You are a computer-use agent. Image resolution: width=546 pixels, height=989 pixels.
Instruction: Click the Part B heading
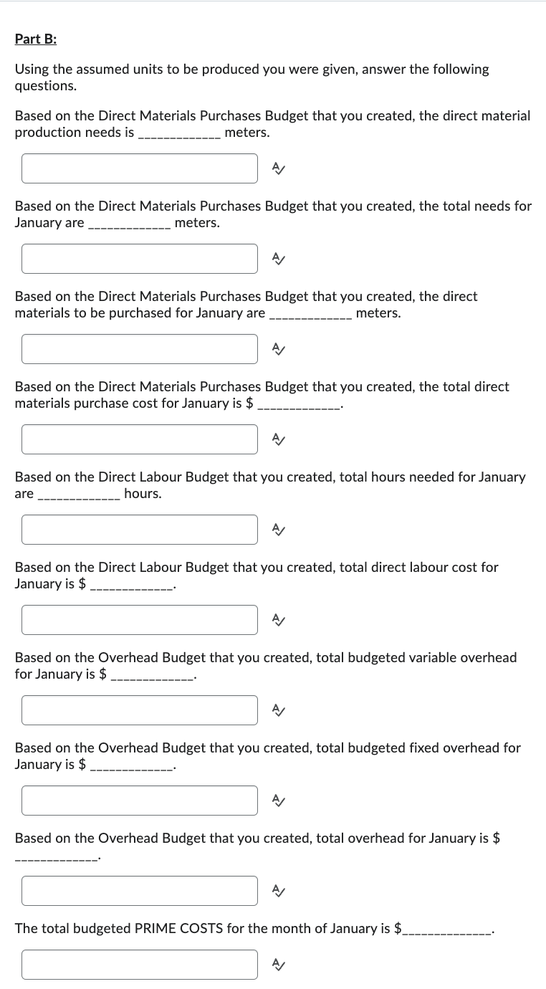click(x=36, y=39)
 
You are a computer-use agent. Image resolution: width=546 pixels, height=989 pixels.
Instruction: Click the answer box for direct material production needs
click(x=139, y=168)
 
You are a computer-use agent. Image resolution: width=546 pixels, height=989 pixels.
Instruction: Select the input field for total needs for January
click(x=139, y=259)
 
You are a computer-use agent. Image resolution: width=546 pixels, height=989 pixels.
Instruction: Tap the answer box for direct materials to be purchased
click(x=139, y=349)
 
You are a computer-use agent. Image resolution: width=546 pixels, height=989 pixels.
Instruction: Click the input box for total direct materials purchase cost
click(x=139, y=439)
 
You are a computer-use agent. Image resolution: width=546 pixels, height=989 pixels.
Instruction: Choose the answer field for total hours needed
click(x=139, y=530)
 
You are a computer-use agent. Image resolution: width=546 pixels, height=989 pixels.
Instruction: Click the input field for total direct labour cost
click(x=139, y=620)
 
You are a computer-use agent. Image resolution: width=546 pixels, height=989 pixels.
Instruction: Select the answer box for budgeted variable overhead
click(x=139, y=710)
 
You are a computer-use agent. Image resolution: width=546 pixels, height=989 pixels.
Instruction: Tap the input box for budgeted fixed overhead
click(x=139, y=801)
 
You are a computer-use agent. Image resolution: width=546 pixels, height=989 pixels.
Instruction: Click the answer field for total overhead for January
click(x=139, y=891)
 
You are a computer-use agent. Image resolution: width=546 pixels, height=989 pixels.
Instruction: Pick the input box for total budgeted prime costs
click(x=139, y=965)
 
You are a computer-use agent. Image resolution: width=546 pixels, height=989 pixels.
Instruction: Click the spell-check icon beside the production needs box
click(x=278, y=168)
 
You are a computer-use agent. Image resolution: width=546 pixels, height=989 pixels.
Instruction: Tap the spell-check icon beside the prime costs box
click(x=278, y=965)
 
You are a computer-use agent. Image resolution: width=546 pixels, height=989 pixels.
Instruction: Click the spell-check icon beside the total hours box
click(x=278, y=530)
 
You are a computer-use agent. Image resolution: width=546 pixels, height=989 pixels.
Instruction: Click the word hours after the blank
click(x=143, y=494)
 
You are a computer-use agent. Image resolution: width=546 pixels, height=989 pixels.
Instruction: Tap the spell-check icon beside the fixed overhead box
click(x=278, y=801)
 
